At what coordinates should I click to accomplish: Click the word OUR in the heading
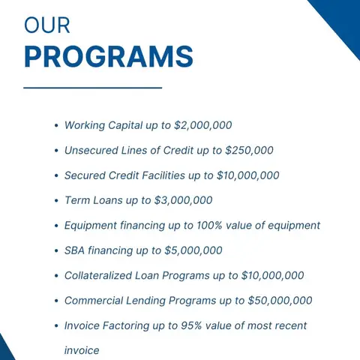[46, 25]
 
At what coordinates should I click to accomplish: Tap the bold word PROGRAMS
[108, 56]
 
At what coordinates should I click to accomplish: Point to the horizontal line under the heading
[92, 88]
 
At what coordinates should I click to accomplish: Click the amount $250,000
[249, 150]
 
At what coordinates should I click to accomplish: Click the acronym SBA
[76, 250]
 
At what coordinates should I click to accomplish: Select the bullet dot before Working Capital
[56, 126]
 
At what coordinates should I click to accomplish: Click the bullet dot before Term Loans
[56, 201]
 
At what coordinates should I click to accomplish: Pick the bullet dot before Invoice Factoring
[56, 326]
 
